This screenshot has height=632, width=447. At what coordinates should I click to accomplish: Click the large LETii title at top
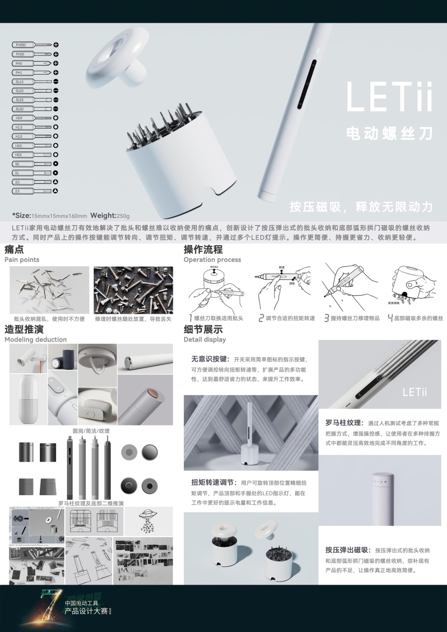[x=389, y=97]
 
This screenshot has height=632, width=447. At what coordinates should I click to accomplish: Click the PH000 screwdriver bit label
[x=21, y=45]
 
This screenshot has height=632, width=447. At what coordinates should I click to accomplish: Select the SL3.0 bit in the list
[x=19, y=109]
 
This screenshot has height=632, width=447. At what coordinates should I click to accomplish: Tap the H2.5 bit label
[x=19, y=155]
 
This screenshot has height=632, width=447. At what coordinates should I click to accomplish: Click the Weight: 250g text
[x=110, y=216]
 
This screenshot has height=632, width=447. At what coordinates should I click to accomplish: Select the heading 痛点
[x=14, y=249]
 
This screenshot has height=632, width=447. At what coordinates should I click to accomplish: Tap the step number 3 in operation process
[x=326, y=318]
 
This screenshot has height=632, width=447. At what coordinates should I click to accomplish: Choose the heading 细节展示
[x=203, y=329]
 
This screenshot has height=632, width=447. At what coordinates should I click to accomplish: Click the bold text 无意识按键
[x=209, y=359]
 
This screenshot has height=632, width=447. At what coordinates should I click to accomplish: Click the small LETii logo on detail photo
[x=415, y=392]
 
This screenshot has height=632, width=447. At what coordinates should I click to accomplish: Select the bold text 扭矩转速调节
[x=214, y=482]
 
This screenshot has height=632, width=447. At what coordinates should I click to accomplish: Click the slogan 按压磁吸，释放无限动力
[x=361, y=207]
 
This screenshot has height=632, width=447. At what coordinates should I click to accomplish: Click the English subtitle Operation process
[x=212, y=260]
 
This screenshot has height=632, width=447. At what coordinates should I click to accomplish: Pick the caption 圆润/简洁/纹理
[x=91, y=431]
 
